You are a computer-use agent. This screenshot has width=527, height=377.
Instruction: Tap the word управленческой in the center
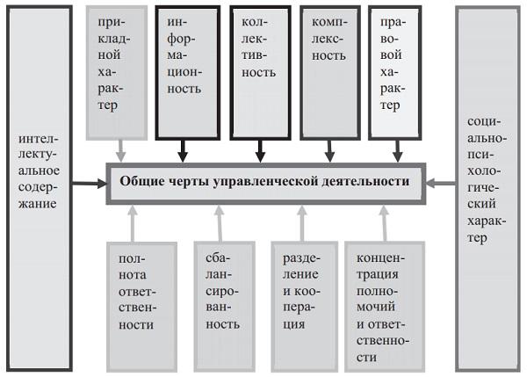click(268, 183)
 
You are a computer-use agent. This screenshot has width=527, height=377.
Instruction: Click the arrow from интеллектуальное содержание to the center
click(88, 184)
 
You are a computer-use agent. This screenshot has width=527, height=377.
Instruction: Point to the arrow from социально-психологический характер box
click(442, 184)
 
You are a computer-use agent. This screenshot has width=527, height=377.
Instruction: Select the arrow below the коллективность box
click(260, 150)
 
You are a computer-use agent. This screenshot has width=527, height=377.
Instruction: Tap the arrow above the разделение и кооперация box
click(300, 221)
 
